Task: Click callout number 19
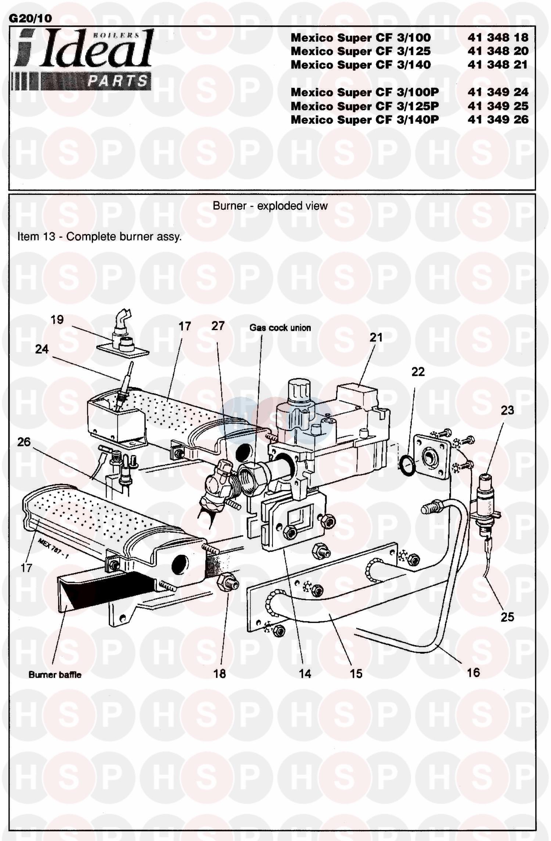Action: click(57, 320)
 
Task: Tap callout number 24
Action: click(42, 349)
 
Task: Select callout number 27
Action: click(218, 326)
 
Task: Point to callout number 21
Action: click(376, 337)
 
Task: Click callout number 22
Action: click(418, 372)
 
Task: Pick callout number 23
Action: click(507, 410)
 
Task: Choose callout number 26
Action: click(24, 442)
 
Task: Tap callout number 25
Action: click(507, 617)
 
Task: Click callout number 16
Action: click(473, 672)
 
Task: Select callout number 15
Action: click(356, 673)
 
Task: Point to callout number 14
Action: click(305, 673)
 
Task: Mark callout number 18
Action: click(220, 673)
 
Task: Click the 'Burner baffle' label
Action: click(55, 675)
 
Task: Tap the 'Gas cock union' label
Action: click(280, 328)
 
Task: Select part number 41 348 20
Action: click(498, 51)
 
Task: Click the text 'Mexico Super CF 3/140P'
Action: click(364, 120)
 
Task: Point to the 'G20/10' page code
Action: click(30, 18)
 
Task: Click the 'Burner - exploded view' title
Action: click(270, 206)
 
